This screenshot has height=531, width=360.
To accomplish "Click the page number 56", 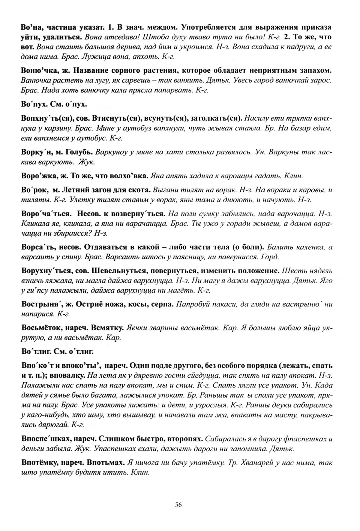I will (x=178, y=504).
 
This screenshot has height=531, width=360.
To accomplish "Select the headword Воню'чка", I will (x=37, y=70).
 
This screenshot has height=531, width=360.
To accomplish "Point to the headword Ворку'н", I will (x=35, y=152).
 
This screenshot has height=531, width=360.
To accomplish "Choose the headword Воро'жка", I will (x=37, y=175).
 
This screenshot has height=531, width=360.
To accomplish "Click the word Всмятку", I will (x=108, y=328).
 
